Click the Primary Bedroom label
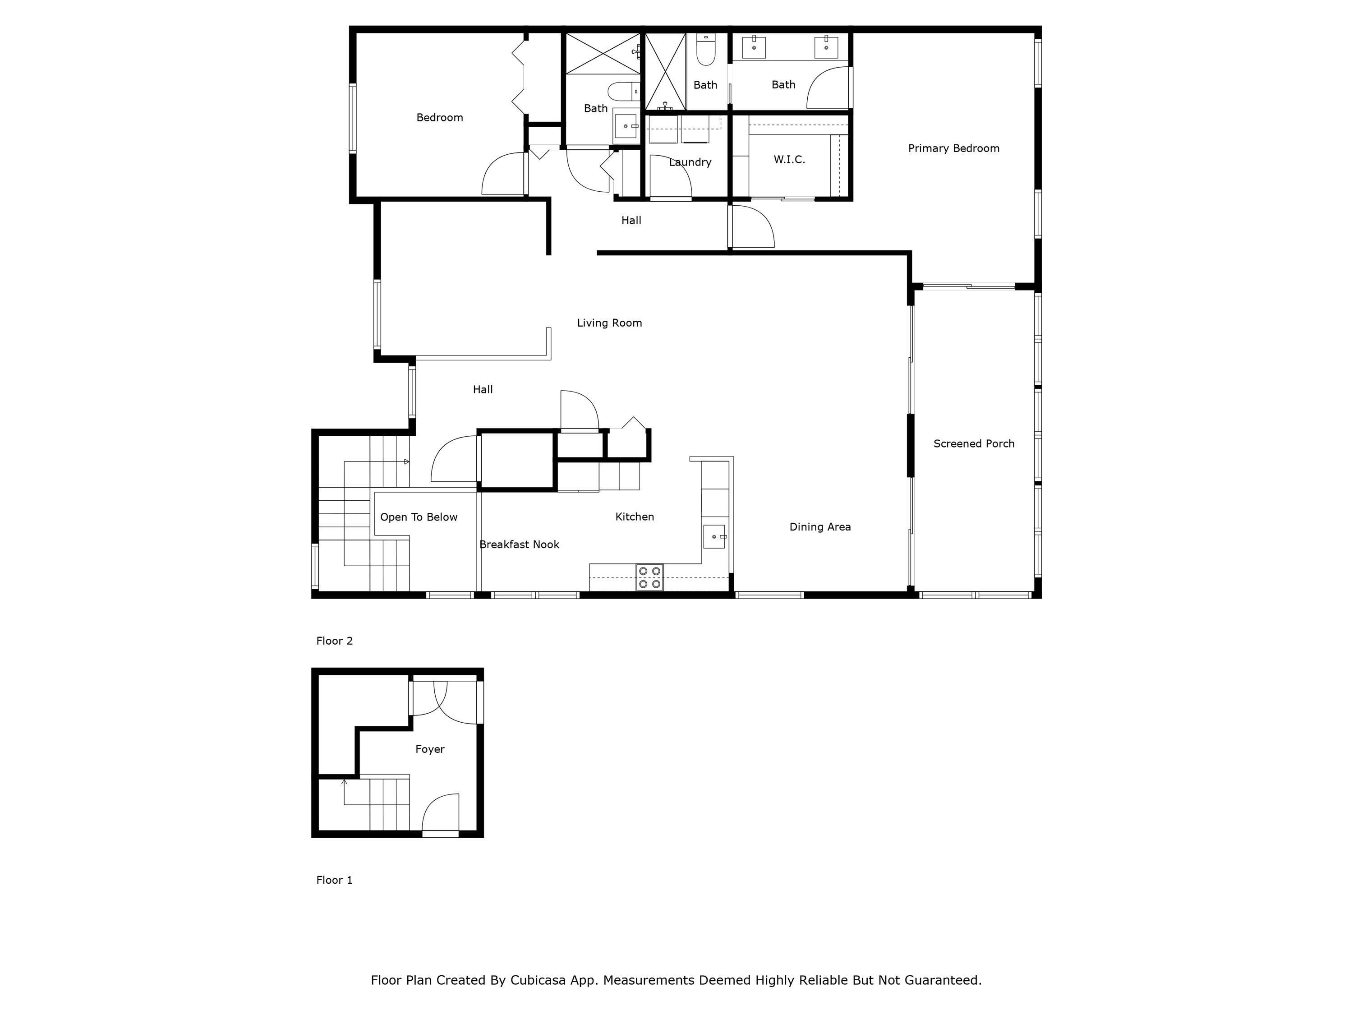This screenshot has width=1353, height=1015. (x=953, y=148)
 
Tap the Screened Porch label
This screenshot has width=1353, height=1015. (x=974, y=443)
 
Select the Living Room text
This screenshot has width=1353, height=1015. (x=609, y=323)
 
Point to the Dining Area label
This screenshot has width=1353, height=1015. (x=819, y=527)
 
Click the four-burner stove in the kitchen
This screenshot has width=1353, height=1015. (x=649, y=577)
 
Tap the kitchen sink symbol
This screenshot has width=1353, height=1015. (x=714, y=536)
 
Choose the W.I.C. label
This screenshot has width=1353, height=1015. (x=789, y=160)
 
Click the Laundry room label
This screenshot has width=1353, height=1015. (x=690, y=162)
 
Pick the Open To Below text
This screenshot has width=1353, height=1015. (x=419, y=517)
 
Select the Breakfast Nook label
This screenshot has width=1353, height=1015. (x=519, y=544)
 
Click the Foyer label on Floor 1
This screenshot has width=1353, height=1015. (x=429, y=749)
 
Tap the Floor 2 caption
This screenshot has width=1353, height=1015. (x=334, y=641)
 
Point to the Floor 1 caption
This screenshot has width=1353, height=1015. (x=334, y=880)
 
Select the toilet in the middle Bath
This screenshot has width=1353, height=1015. (x=706, y=50)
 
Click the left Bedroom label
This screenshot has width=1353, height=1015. (x=439, y=117)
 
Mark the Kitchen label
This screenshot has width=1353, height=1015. (x=634, y=517)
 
